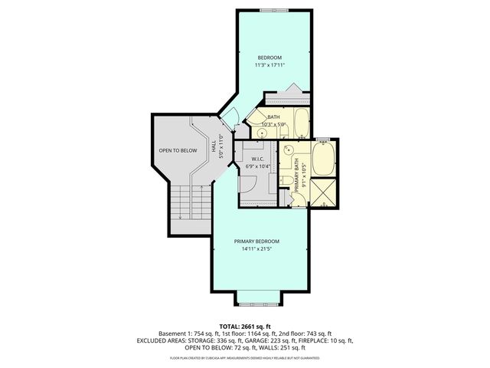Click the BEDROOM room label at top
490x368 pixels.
pos(269,58)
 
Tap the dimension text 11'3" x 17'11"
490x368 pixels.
pos(269,66)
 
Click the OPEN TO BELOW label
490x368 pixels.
pos(178,150)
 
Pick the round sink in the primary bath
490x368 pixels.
pos(289,151)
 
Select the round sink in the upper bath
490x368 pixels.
pos(262,132)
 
